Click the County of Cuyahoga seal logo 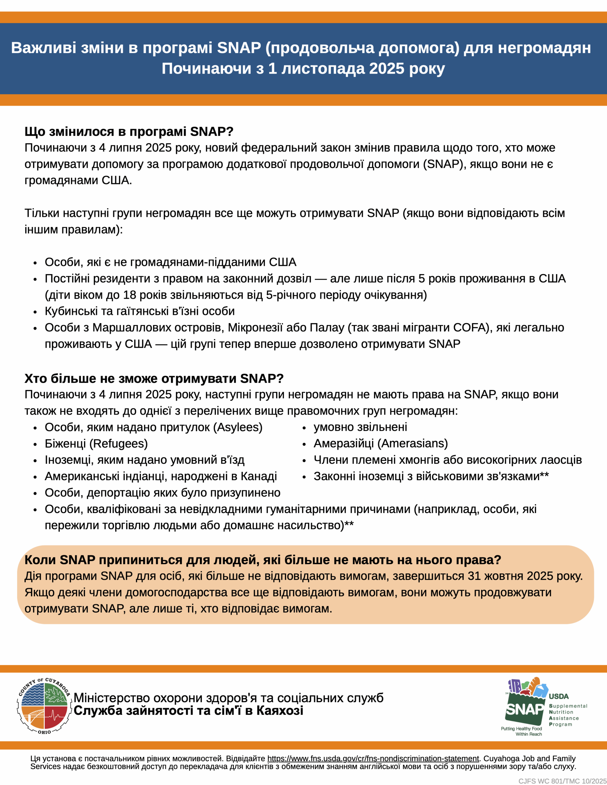44,706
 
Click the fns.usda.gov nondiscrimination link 373,758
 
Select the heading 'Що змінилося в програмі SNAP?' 129,132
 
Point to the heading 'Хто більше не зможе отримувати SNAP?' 154,378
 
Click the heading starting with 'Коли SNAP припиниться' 263,560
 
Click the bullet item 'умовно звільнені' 360,427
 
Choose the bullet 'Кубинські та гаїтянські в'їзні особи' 140,311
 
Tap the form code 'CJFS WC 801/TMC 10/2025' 562,781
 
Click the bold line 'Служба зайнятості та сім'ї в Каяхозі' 188,710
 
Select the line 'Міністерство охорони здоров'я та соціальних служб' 229,698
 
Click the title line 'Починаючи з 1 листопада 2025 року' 303,68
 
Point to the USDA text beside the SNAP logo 559,696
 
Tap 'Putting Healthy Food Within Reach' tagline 521,731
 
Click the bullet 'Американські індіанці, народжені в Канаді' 161,476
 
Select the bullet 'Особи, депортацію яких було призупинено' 163,493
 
